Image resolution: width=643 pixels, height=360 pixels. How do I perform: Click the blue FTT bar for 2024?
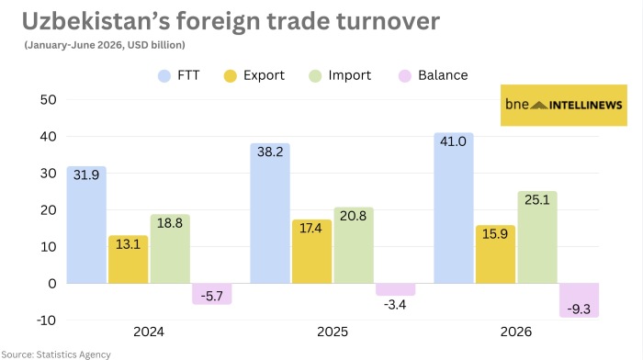[x=86, y=225]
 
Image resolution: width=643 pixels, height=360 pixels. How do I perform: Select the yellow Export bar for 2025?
[x=311, y=252]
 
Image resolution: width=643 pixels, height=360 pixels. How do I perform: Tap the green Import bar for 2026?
[x=537, y=237]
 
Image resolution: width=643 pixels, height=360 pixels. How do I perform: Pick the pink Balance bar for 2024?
[x=212, y=294]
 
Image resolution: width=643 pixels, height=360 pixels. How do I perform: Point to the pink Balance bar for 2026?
[x=579, y=300]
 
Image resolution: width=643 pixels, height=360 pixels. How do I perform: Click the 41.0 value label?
[x=453, y=141]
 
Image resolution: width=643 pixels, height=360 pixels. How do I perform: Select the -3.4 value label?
[x=395, y=305]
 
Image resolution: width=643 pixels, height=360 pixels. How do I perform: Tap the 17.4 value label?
[x=310, y=228]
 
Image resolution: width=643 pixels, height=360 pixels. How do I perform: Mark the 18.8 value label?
[x=170, y=223]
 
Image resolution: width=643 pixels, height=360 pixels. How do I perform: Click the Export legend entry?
[x=254, y=75]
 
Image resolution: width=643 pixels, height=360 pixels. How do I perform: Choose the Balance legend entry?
[x=433, y=75]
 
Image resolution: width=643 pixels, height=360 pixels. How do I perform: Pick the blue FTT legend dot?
[x=164, y=76]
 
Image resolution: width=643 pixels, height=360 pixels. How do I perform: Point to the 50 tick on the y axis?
[x=49, y=99]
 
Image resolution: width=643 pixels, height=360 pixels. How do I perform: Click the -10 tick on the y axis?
[x=46, y=321]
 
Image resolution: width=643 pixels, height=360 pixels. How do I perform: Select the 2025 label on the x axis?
[x=333, y=332]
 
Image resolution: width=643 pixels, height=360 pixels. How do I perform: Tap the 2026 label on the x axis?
[x=516, y=332]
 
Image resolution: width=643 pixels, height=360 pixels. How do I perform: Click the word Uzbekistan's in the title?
[x=96, y=21]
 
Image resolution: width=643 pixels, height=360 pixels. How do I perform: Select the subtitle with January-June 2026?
[x=105, y=45]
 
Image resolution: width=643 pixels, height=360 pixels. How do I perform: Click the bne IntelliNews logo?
[x=564, y=105]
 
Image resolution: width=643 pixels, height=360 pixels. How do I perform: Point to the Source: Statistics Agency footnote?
[x=56, y=354]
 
